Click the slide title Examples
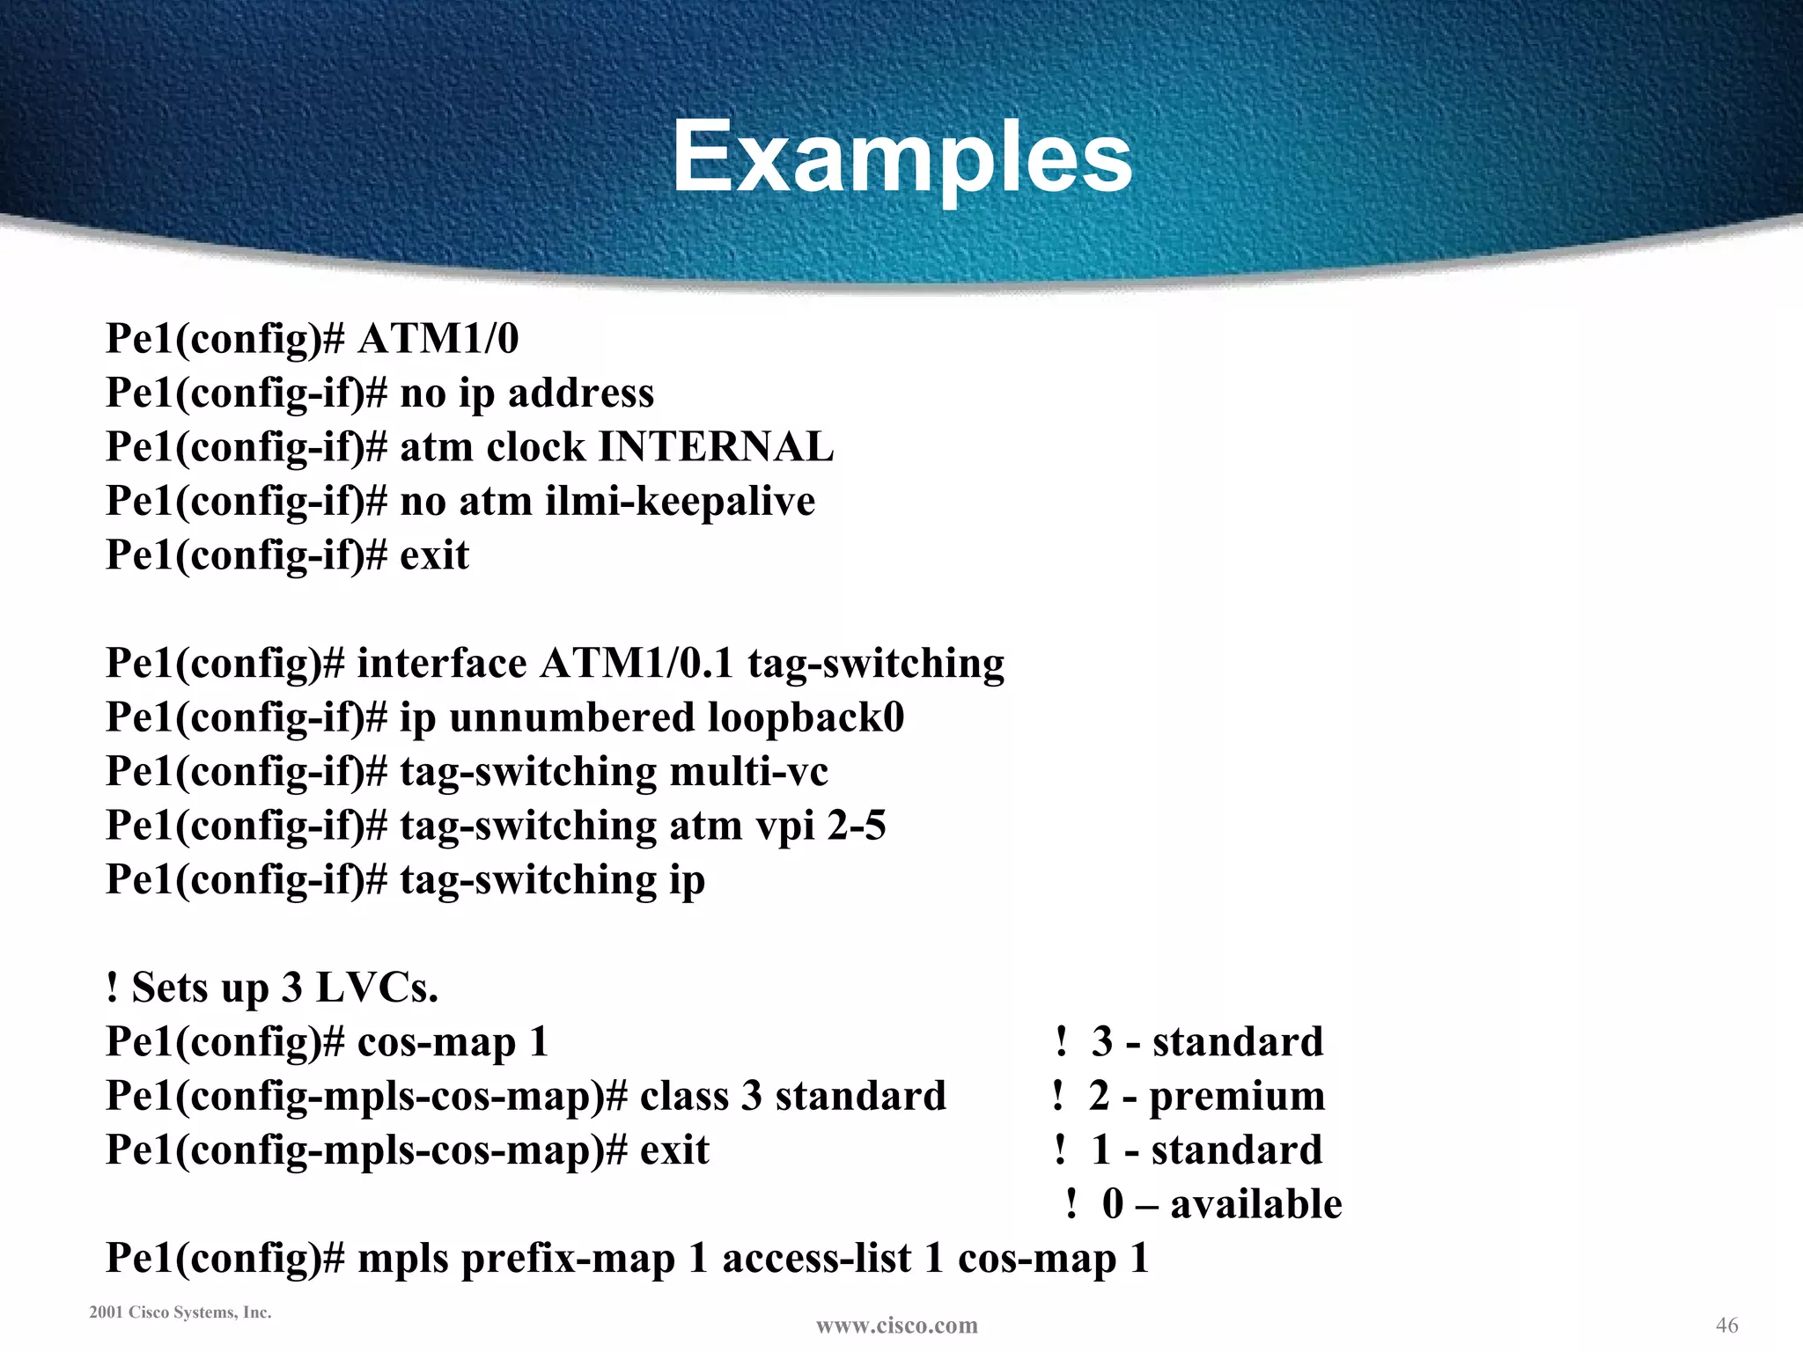(x=902, y=158)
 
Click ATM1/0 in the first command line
(x=438, y=339)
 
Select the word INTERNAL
(x=716, y=447)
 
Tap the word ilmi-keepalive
(x=681, y=502)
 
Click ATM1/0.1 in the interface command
(x=637, y=664)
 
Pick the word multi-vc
(x=748, y=772)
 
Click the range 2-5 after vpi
(x=856, y=826)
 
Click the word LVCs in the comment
(x=376, y=988)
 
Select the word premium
(x=1237, y=1097)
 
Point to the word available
(x=1256, y=1204)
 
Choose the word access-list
(x=816, y=1259)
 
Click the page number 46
(x=1726, y=1325)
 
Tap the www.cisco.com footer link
(x=896, y=1326)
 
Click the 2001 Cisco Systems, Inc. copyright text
(x=180, y=1312)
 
